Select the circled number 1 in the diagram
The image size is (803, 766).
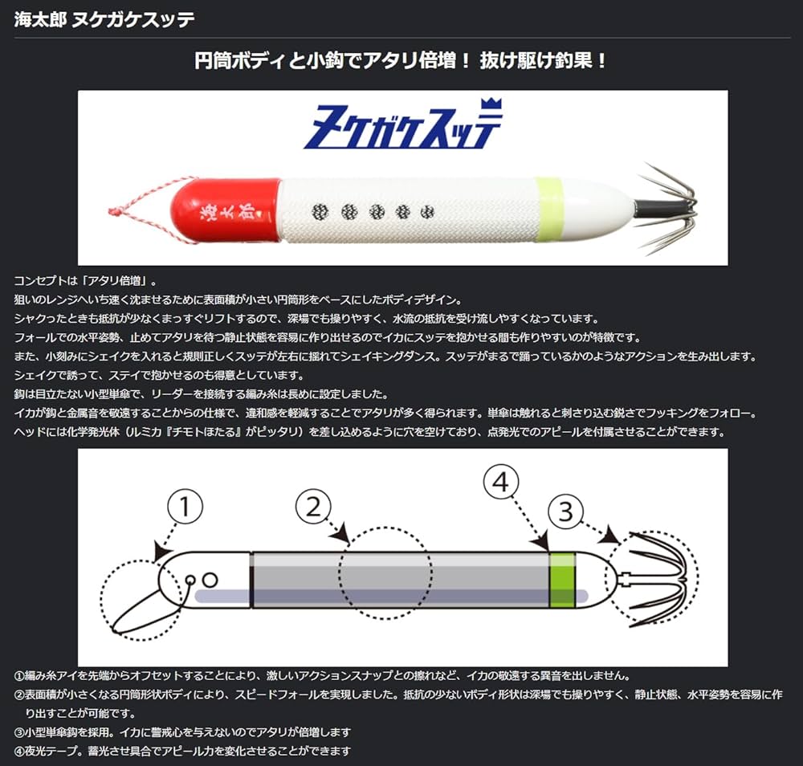coord(185,507)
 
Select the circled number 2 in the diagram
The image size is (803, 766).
coord(314,507)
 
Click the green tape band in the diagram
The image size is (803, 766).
coord(562,580)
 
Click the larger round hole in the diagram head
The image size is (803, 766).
coord(210,579)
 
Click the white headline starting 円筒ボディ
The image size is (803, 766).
coord(401,61)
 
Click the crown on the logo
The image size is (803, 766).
coord(489,106)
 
